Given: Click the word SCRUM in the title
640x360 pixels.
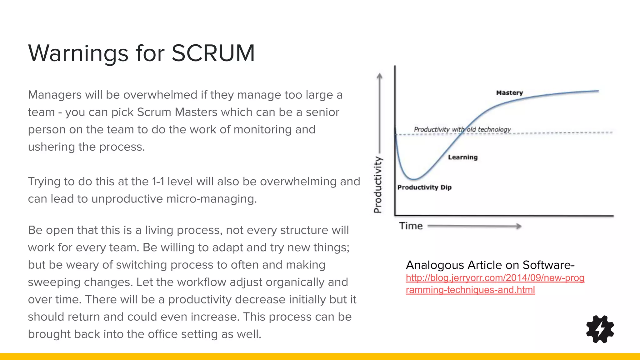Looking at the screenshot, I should pyautogui.click(x=213, y=53).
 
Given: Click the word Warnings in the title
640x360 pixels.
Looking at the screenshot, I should pyautogui.click(x=78, y=53).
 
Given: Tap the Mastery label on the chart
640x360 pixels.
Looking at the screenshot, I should pyautogui.click(x=509, y=93).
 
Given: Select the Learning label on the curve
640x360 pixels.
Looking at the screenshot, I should pyautogui.click(x=463, y=157).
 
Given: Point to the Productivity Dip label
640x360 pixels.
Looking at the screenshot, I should pyautogui.click(x=424, y=187).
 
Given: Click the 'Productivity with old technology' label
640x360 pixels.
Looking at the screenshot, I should pyautogui.click(x=462, y=129).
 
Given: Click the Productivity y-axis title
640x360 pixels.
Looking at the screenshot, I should pyautogui.click(x=378, y=185).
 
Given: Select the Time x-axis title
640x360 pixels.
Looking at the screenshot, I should pyautogui.click(x=411, y=226).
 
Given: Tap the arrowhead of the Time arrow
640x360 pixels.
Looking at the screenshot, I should pyautogui.click(x=519, y=226).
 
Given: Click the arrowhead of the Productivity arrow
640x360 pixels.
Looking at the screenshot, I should pyautogui.click(x=379, y=76).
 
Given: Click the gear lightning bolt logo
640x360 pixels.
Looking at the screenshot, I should pyautogui.click(x=600, y=329).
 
